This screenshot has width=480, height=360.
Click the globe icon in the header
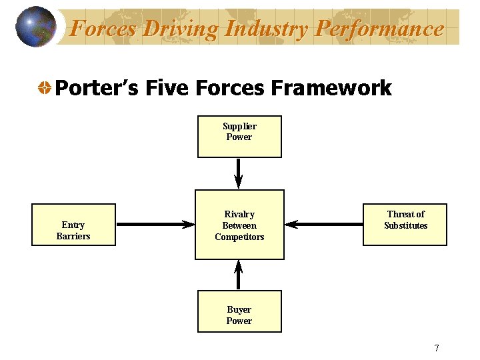(36, 27)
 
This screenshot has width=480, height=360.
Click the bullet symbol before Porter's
(44, 88)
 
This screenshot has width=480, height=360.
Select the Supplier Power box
(239, 137)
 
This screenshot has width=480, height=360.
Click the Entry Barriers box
(73, 225)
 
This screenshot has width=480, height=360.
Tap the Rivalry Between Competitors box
(239, 225)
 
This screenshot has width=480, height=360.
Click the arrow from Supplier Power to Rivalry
(239, 173)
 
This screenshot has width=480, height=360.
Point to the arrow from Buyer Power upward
(239, 275)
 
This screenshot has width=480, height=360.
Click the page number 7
(437, 348)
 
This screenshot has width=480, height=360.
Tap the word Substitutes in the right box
(405, 225)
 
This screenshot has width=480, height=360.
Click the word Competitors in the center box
(239, 237)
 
